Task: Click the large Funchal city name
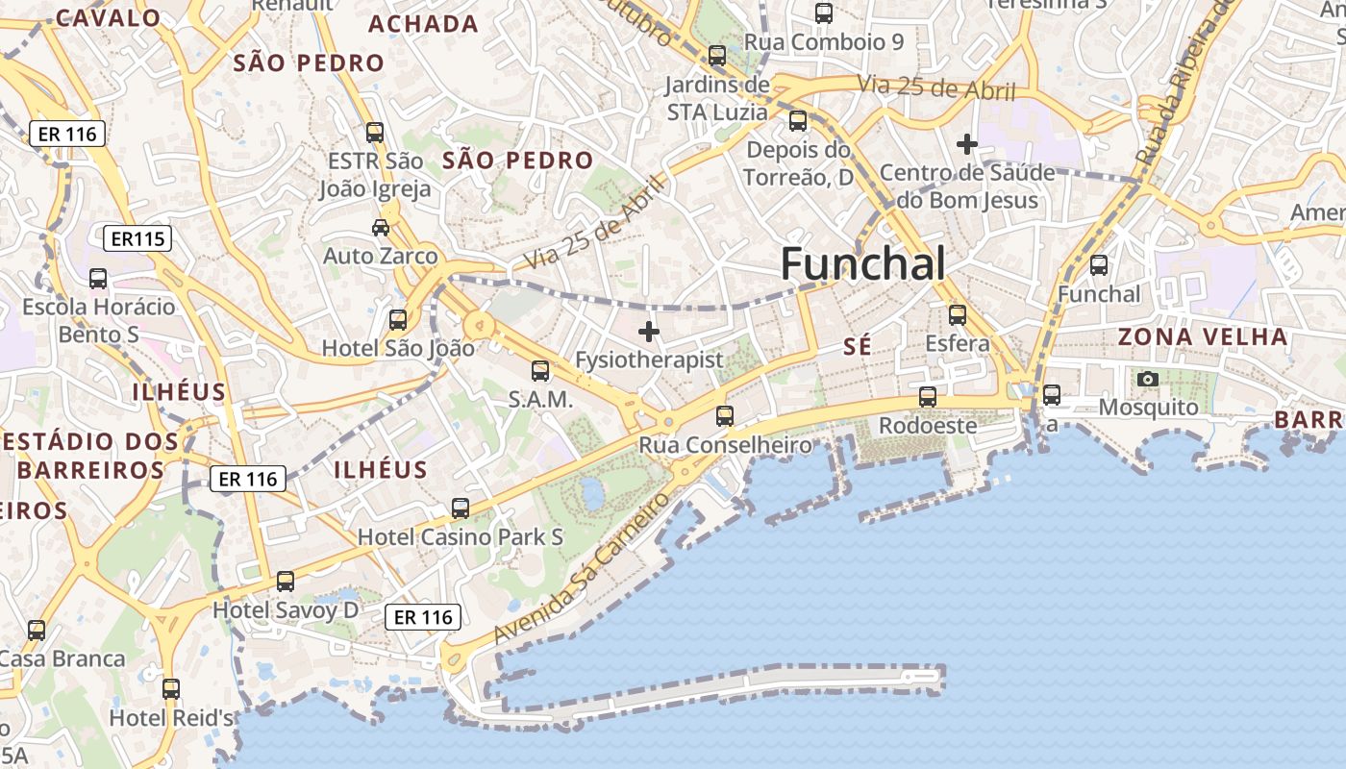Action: point(862,263)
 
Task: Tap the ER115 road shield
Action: point(137,238)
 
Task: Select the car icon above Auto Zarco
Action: point(381,228)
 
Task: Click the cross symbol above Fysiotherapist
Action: point(649,332)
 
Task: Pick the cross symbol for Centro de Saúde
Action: point(966,144)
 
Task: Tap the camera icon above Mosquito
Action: point(1147,380)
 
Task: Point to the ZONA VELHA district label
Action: point(1202,337)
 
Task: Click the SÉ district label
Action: point(857,347)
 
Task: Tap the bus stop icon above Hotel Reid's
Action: point(171,689)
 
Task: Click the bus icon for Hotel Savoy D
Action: point(286,582)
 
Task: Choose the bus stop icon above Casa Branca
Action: point(37,631)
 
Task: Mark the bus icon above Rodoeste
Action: point(928,396)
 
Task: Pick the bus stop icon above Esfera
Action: point(957,314)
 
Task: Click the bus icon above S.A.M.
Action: point(540,370)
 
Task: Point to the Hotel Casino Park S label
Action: point(461,537)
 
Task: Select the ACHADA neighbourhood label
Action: point(423,24)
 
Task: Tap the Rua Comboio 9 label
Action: point(824,42)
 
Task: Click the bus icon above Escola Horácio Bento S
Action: point(98,279)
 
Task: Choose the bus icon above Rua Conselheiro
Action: point(725,416)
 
